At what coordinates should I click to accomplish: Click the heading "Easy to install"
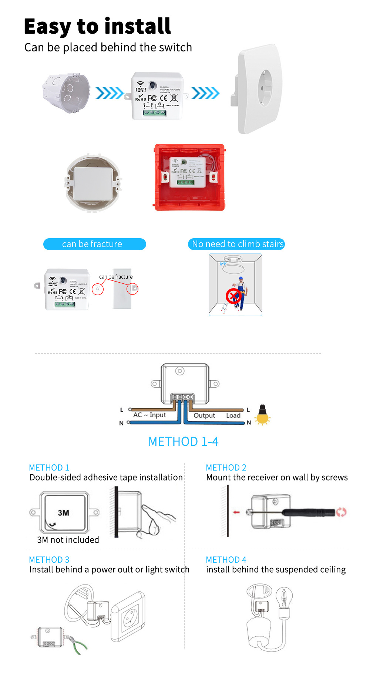coord(97,27)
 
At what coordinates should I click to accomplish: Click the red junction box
coord(189,178)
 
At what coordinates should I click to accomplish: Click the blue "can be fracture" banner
coord(94,244)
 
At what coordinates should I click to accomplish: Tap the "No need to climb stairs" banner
coord(237,244)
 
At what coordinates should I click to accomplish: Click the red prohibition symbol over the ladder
coord(233,296)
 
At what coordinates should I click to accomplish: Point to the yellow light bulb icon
coord(262,415)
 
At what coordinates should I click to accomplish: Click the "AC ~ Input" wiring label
coord(149,415)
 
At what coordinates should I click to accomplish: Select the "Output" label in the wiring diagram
coord(204,415)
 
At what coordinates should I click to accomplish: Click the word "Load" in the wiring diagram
coord(233,415)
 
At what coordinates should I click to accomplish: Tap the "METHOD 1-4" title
coord(183,441)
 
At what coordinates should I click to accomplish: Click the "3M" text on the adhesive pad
coord(63,513)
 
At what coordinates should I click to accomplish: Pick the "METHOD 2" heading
coord(226,468)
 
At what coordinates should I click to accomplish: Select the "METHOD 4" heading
coord(226,560)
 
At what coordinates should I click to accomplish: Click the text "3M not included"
coord(68,540)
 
